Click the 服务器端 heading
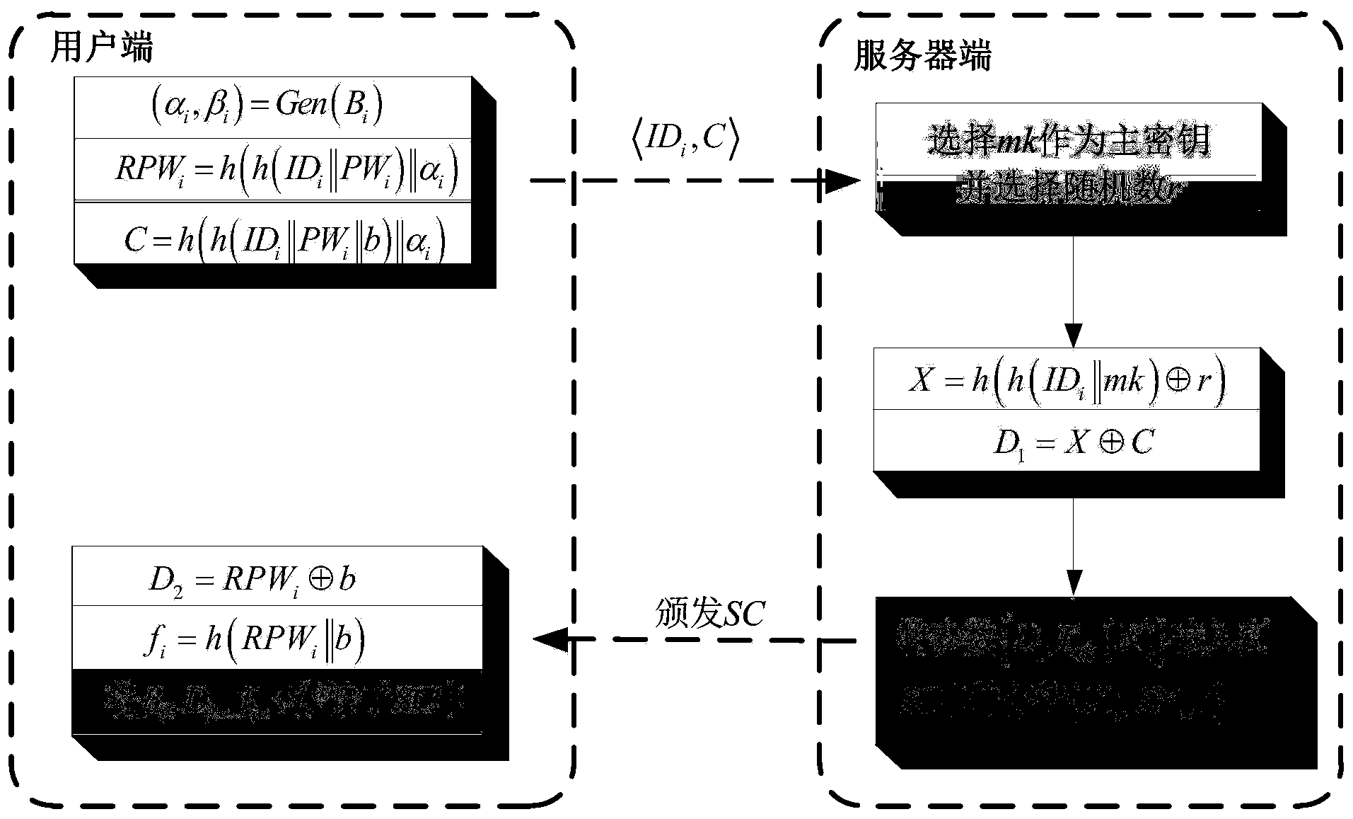922,55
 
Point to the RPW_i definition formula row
286,170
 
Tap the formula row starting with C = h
285,240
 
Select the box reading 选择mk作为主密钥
1068,140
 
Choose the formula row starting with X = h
1067,380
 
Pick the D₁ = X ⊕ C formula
1074,442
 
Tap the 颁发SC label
709,612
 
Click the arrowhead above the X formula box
1073,335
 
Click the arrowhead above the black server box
1073,584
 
